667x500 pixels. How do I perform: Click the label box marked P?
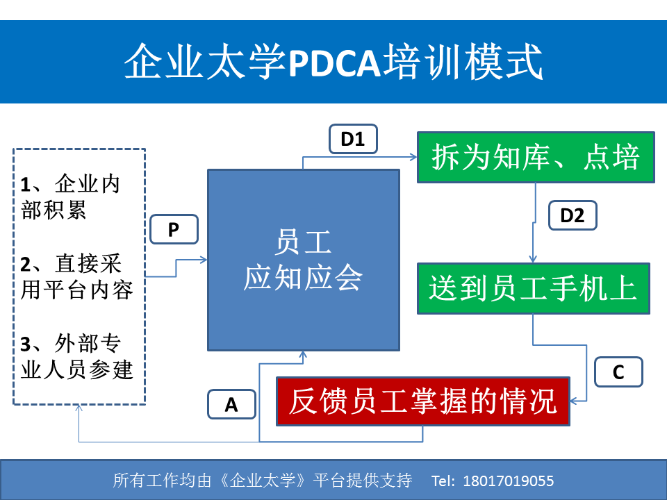(x=174, y=230)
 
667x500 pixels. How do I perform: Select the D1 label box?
(x=353, y=139)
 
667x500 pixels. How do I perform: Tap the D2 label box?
(x=573, y=215)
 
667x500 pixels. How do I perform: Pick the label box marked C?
(x=618, y=372)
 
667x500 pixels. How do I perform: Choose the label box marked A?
(x=231, y=404)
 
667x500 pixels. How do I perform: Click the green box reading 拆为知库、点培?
(x=536, y=158)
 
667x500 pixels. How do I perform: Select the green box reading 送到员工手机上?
(x=534, y=289)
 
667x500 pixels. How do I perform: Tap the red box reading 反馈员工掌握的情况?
(x=423, y=401)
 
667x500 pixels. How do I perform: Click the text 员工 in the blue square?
(x=303, y=242)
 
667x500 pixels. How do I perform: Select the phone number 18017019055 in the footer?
(x=509, y=481)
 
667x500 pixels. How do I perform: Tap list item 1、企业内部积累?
(x=71, y=197)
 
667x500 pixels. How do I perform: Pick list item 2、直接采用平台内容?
(x=77, y=277)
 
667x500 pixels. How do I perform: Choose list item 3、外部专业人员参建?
(x=77, y=356)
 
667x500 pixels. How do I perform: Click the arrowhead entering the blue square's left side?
(x=204, y=260)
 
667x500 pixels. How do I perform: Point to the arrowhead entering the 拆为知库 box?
(x=413, y=157)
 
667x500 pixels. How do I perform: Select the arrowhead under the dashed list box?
(x=79, y=408)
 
